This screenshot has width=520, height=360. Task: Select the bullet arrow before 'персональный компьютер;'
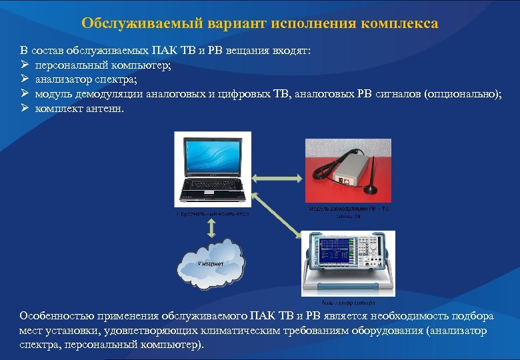pyautogui.click(x=24, y=65)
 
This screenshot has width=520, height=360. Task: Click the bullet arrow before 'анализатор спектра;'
pyautogui.click(x=24, y=80)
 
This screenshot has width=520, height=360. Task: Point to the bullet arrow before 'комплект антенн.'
pyautogui.click(x=24, y=109)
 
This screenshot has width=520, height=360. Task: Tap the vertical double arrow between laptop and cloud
pyautogui.click(x=211, y=227)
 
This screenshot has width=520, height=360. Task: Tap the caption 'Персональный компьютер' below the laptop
pyautogui.click(x=212, y=214)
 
